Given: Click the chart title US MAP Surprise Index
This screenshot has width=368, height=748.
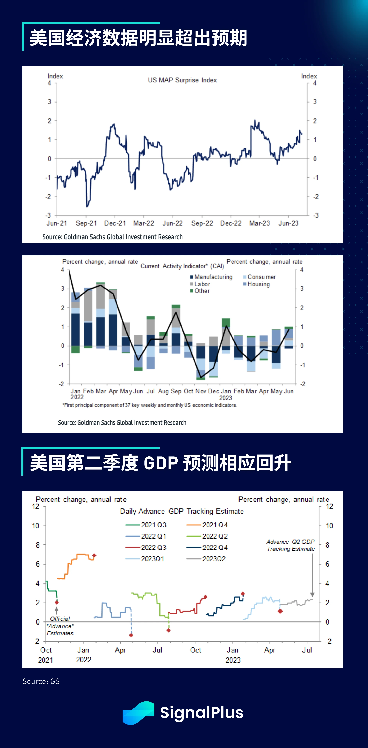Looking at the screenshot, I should click(182, 80).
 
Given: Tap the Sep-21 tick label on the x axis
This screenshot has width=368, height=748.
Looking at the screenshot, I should click(86, 223).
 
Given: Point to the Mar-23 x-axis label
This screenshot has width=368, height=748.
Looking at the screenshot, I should click(260, 223).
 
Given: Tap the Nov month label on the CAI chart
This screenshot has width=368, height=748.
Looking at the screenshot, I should click(201, 391).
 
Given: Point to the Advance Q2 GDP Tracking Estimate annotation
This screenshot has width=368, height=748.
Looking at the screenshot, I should click(291, 545).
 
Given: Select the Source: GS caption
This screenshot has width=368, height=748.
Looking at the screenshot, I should click(41, 681).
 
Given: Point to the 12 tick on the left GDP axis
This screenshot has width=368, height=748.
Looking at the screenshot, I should click(35, 507).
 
